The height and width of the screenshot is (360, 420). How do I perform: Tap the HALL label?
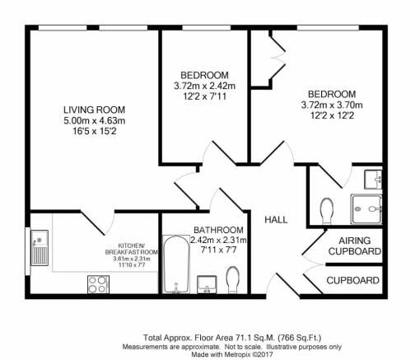click(x=275, y=220)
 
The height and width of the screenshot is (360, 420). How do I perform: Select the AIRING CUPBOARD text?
click(x=354, y=245)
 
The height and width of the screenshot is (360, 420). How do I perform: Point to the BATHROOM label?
click(x=218, y=229)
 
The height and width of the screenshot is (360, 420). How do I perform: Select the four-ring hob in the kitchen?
click(x=98, y=284)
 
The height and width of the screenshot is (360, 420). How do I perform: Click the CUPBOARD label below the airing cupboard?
click(x=353, y=281)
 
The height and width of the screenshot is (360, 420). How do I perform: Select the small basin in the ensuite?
click(x=375, y=176)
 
